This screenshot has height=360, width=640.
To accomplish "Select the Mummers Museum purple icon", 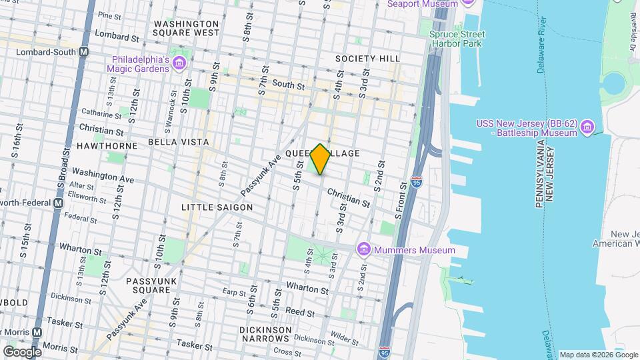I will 363,250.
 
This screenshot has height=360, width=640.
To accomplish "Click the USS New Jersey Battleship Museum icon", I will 587,127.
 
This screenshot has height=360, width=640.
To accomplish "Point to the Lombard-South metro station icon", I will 84,51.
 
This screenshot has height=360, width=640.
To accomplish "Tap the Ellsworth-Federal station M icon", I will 58,203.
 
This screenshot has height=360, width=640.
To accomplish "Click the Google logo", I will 21,351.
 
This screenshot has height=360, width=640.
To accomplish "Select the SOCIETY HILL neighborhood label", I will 368,59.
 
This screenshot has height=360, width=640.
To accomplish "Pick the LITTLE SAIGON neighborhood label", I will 217,207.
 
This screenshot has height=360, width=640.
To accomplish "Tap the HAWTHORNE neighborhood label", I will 107,145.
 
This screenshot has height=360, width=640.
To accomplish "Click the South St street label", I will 288,85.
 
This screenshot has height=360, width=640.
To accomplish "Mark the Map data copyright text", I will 597,355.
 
